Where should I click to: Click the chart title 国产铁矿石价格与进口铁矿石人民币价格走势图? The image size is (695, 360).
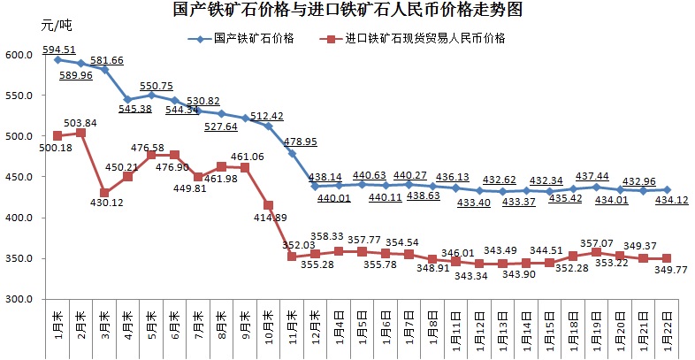click(347, 11)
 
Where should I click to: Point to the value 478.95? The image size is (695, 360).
click(300, 141)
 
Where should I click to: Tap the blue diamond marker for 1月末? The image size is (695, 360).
click(57, 59)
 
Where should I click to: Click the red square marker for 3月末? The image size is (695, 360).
click(104, 193)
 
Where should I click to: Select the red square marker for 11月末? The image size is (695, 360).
click(292, 257)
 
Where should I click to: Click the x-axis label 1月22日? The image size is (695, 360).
click(667, 329)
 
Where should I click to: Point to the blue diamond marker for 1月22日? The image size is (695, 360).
click(667, 190)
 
